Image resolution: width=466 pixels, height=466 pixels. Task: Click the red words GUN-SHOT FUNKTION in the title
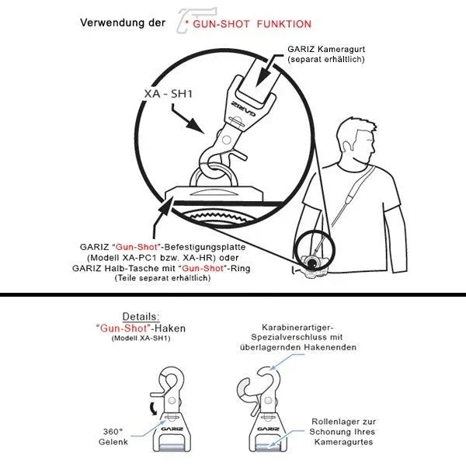point(252,24)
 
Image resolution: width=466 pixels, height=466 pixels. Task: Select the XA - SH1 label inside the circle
point(169,94)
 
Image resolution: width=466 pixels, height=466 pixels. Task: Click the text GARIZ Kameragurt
point(326,49)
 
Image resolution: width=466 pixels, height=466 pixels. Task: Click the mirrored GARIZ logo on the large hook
point(243,108)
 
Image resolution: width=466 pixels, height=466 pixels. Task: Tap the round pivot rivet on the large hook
point(227,139)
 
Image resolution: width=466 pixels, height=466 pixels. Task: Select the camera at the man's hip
point(312,266)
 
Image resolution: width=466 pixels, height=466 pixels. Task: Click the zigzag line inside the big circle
point(217,217)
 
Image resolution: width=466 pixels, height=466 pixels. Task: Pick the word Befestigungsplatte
point(205,247)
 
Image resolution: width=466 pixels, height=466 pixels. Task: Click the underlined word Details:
point(141,317)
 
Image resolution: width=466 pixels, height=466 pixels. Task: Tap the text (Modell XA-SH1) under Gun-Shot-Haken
point(141,338)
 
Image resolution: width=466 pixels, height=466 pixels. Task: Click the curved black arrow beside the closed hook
point(154,409)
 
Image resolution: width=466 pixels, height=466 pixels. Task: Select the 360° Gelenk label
point(113,436)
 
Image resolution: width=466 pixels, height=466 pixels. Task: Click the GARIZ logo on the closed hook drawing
point(172,429)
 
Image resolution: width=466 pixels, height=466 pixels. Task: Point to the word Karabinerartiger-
point(297,328)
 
